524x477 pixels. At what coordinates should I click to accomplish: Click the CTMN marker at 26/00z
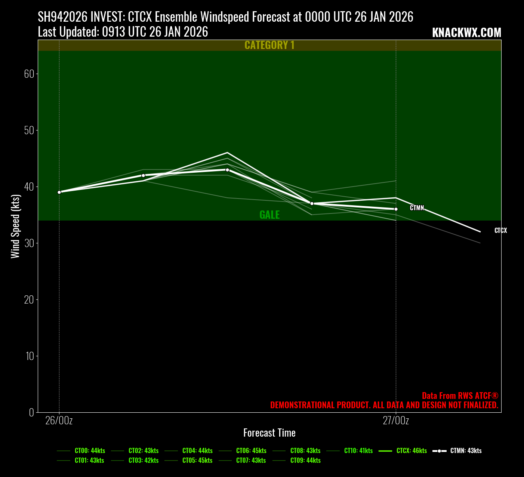pyautogui.click(x=59, y=192)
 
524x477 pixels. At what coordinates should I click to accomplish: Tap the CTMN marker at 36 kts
pyautogui.click(x=396, y=209)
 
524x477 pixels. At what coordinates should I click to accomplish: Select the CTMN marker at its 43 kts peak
pyautogui.click(x=227, y=170)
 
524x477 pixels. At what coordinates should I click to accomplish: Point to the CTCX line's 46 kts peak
pyautogui.click(x=227, y=153)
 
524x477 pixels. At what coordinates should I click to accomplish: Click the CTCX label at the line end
pyautogui.click(x=500, y=231)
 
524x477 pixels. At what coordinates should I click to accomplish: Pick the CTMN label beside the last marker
pyautogui.click(x=417, y=208)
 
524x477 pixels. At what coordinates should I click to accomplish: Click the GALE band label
pyautogui.click(x=269, y=215)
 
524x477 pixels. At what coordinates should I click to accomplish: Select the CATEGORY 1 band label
pyautogui.click(x=269, y=45)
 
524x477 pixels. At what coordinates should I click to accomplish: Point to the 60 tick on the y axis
pyautogui.click(x=29, y=74)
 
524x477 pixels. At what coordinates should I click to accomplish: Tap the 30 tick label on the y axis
pyautogui.click(x=29, y=243)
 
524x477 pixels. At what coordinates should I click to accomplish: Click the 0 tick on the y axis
pyautogui.click(x=31, y=412)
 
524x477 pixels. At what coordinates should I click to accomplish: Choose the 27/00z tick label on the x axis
pyautogui.click(x=396, y=421)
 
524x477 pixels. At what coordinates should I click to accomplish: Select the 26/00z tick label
pyautogui.click(x=59, y=421)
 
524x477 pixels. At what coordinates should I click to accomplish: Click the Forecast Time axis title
pyautogui.click(x=269, y=433)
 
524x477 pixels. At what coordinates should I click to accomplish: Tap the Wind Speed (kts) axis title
pyautogui.click(x=15, y=226)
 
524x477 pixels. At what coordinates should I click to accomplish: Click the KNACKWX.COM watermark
pyautogui.click(x=466, y=33)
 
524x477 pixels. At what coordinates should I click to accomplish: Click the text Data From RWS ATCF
pyautogui.click(x=460, y=396)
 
